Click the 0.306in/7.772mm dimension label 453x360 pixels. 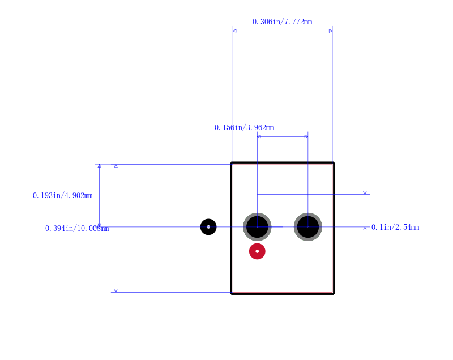pos(282,22)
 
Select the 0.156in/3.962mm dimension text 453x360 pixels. pos(245,127)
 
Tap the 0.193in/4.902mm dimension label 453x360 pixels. pos(63,196)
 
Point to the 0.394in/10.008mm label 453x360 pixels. pos(77,228)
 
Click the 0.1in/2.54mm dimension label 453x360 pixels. pos(395,228)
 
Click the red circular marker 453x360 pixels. pos(257,251)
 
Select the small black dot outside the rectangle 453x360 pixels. pos(208,227)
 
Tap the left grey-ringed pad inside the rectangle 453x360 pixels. pos(257,227)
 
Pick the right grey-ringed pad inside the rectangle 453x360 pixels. pos(308,227)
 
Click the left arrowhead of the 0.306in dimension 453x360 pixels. pos(234,31)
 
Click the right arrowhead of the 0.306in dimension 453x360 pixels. pos(331,31)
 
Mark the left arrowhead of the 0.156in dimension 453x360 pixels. pos(259,136)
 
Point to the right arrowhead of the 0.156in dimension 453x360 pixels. pos(306,136)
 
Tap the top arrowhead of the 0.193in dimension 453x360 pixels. pos(100,166)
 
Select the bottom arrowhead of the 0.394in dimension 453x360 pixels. pos(116,290)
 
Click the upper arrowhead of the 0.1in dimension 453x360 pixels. pos(365,192)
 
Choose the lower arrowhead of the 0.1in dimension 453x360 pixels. pos(365,229)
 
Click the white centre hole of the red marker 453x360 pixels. pos(257,251)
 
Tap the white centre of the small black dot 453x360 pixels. pos(208,227)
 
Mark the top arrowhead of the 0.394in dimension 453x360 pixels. pos(116,166)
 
